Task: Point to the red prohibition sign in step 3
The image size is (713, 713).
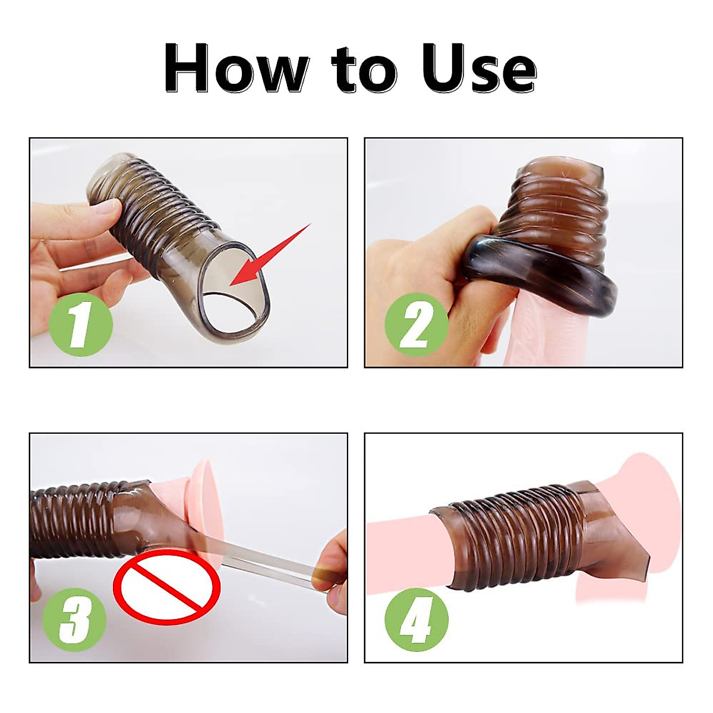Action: coord(167,585)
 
